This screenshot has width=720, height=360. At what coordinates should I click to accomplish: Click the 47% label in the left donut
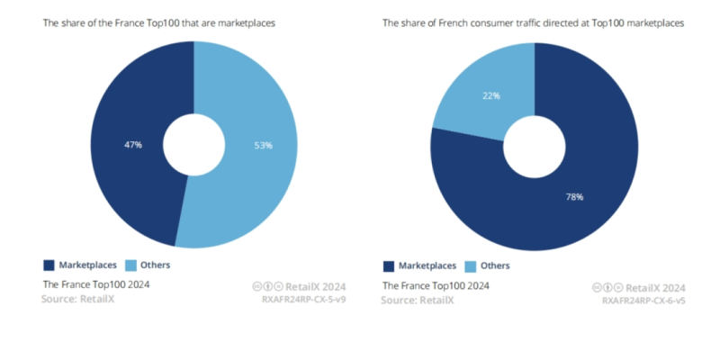[133, 144]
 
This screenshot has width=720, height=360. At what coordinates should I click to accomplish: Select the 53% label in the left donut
[263, 144]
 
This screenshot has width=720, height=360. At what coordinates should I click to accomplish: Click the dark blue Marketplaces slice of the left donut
[117, 180]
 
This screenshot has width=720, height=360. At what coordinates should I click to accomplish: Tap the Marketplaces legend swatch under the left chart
[49, 265]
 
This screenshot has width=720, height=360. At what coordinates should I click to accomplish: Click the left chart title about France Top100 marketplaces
[159, 23]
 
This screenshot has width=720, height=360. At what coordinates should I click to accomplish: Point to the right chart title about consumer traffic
[533, 23]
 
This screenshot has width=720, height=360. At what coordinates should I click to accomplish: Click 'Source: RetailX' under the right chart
[418, 299]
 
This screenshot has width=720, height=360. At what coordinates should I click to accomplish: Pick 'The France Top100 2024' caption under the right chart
[436, 285]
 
